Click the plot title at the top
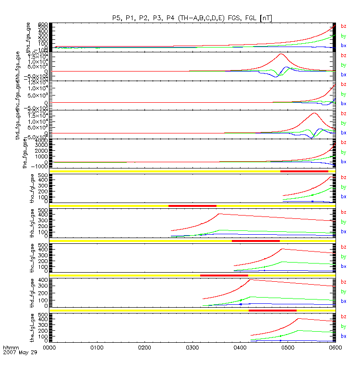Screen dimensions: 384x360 pyautogui.click(x=192, y=18)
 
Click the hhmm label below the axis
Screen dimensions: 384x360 pyautogui.click(x=10, y=347)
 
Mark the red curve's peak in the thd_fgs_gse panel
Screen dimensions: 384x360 pyautogui.click(x=314, y=113)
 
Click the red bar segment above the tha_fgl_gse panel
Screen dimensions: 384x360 pyautogui.click(x=304, y=171)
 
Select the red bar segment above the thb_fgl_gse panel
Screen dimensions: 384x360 pyautogui.click(x=192, y=206)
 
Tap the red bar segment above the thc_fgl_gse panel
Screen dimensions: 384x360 pyautogui.click(x=255, y=240)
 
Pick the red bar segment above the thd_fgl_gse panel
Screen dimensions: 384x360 pyautogui.click(x=224, y=276)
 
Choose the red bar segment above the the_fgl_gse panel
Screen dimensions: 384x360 pyautogui.click(x=272, y=311)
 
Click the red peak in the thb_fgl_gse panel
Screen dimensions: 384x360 pyautogui.click(x=219, y=214)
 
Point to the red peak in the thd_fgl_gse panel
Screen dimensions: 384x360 pyautogui.click(x=250, y=280)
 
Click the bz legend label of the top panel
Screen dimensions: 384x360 pyautogui.click(x=343, y=26)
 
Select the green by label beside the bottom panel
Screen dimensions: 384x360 pyautogui.click(x=343, y=326)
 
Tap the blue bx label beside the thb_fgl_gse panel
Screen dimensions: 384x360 pyautogui.click(x=343, y=231)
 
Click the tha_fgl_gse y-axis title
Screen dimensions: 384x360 pyautogui.click(x=33, y=189)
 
